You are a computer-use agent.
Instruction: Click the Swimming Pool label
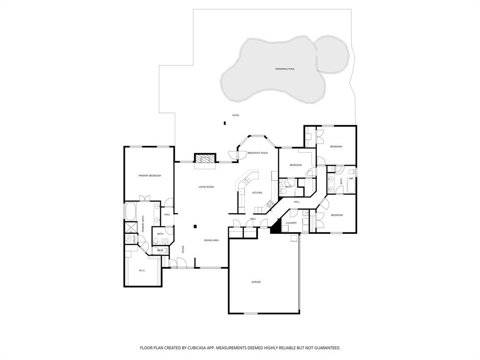[x=285, y=69]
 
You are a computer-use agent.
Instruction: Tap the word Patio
[x=236, y=115]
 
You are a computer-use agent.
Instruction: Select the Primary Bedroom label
[x=150, y=176]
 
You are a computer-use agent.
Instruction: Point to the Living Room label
[x=206, y=187]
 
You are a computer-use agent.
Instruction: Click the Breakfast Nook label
[x=257, y=153]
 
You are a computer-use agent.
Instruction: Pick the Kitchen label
[x=257, y=193]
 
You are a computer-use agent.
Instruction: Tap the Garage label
[x=256, y=282]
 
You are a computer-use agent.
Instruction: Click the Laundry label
[x=291, y=223]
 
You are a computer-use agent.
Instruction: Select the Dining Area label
[x=211, y=240]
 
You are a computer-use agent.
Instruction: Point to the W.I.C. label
[x=142, y=270]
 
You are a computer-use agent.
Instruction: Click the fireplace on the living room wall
[x=205, y=158]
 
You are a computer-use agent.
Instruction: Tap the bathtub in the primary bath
[x=130, y=211]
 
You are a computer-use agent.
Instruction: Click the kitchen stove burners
[x=270, y=204]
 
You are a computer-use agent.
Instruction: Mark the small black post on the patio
[x=225, y=123]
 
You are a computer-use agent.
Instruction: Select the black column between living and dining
[x=195, y=226]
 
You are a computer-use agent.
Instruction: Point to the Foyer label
[x=183, y=249]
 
